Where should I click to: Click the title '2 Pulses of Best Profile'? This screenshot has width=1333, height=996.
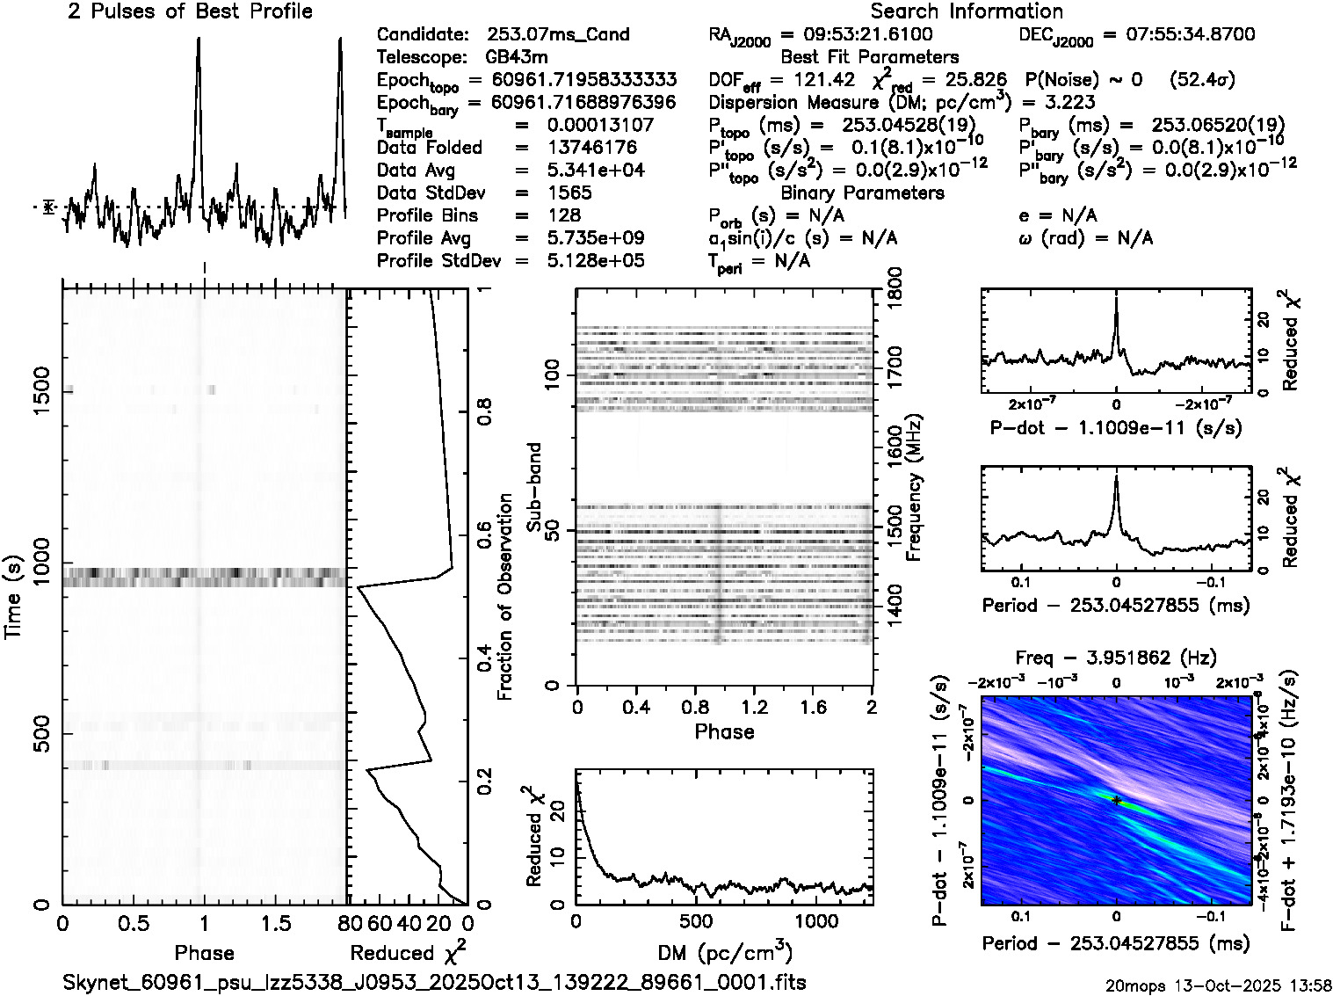pos(190,11)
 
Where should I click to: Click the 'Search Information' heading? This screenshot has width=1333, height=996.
pos(967,11)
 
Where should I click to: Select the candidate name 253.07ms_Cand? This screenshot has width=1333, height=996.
pos(557,34)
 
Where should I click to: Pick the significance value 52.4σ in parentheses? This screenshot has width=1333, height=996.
pos(1203,79)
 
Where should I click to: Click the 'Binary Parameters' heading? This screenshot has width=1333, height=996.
pos(862,193)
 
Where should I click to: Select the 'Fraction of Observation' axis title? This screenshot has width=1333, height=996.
pos(504,597)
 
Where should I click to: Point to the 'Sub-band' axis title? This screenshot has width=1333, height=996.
pos(535,487)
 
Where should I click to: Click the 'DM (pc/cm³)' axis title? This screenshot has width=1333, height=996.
pos(724,952)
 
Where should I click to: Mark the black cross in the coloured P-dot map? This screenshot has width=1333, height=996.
pos(1116,800)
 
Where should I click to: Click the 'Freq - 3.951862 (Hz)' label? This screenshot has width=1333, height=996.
pos(1116,658)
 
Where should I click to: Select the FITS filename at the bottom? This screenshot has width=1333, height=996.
pos(434,981)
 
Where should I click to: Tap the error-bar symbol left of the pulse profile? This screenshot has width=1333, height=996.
pos(49,207)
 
